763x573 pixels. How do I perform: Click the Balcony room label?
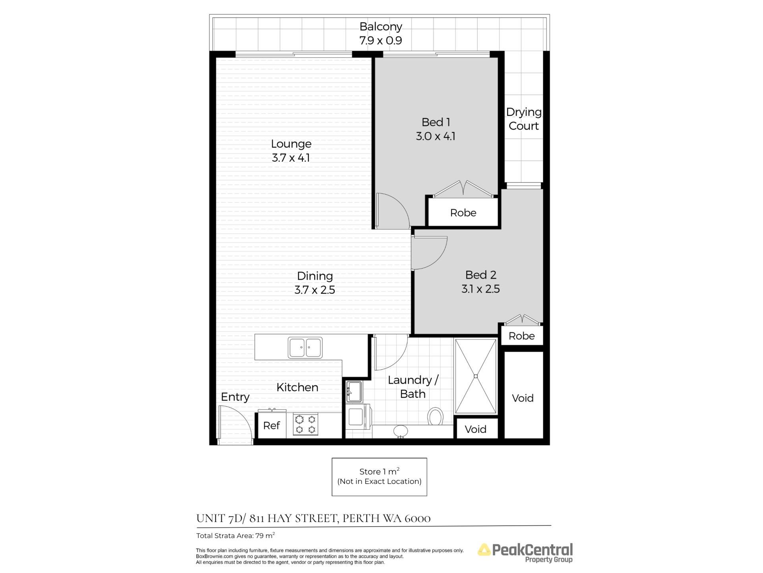click(x=381, y=27)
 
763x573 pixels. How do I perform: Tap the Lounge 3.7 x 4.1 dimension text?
click(x=291, y=158)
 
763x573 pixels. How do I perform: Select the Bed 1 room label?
click(x=436, y=122)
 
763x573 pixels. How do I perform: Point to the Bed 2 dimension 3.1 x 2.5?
click(x=480, y=289)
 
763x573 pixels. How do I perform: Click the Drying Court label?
click(x=524, y=119)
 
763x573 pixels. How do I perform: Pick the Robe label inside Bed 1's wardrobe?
click(x=463, y=213)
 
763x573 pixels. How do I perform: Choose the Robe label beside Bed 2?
click(x=521, y=336)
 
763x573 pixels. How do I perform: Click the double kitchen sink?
click(x=305, y=347)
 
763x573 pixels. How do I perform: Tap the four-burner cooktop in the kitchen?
click(x=306, y=424)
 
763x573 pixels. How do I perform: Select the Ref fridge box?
click(x=272, y=425)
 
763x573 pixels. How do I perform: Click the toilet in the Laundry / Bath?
click(x=436, y=417)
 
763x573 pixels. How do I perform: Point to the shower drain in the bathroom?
click(x=476, y=376)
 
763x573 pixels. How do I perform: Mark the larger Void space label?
click(x=523, y=398)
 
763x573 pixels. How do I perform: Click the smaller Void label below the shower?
click(x=475, y=429)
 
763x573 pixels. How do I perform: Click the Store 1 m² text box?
click(x=380, y=477)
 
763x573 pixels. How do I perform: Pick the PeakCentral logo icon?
click(x=484, y=550)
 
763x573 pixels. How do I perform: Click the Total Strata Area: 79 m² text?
click(x=236, y=536)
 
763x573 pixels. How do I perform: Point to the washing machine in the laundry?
click(x=358, y=417)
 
